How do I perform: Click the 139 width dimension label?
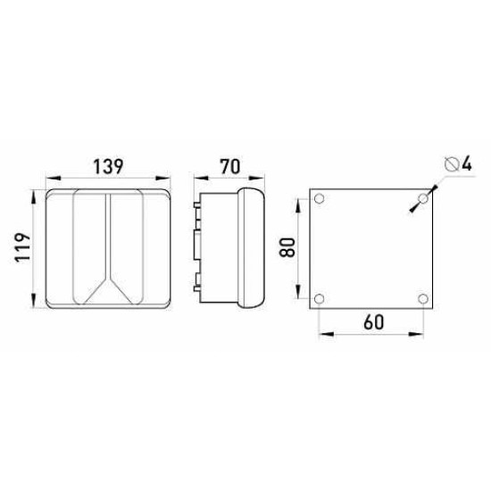point(109,167)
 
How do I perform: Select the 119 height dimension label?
point(23,247)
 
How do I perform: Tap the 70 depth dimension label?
point(230,167)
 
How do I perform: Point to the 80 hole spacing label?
point(287,247)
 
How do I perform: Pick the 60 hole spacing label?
point(374,322)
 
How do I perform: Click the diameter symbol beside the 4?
point(451,164)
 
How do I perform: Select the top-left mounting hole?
point(319,198)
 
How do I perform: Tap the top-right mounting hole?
point(423,198)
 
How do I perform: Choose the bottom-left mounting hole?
point(319,299)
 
